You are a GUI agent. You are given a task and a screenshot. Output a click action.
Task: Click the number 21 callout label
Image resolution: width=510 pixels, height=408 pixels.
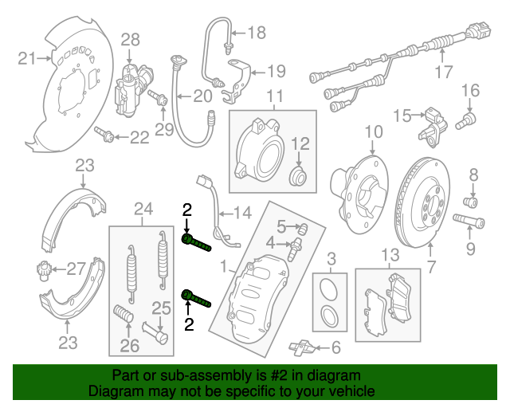tap(26, 58)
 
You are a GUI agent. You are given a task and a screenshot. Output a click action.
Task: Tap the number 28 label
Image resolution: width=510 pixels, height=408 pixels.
tap(131, 40)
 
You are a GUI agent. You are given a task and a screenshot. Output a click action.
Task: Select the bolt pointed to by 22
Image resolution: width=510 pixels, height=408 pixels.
tap(104, 134)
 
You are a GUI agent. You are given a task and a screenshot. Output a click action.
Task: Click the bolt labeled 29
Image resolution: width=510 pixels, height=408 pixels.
tap(158, 97)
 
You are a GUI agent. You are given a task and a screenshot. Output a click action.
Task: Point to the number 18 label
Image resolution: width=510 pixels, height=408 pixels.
tap(257, 33)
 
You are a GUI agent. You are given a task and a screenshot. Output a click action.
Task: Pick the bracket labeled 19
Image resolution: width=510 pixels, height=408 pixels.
tap(236, 81)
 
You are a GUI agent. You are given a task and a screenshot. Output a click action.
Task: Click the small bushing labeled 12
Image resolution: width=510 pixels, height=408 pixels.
tap(298, 176)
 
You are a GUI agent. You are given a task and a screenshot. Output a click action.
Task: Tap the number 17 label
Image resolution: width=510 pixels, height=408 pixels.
tap(444, 72)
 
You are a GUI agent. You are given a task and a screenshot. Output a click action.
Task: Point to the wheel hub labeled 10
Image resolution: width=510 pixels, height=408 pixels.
tap(359, 194)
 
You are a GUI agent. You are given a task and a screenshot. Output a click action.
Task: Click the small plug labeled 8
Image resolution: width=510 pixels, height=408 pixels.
tap(470, 202)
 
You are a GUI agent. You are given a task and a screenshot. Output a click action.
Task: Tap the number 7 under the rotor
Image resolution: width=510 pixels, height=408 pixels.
tap(431, 267)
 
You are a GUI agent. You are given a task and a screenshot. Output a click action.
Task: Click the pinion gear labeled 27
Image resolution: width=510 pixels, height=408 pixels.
tap(42, 271)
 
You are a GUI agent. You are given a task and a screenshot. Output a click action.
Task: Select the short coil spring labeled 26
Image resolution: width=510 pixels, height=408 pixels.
tap(124, 314)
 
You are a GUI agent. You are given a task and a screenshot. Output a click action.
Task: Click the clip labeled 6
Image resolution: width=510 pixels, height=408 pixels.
tap(301, 348)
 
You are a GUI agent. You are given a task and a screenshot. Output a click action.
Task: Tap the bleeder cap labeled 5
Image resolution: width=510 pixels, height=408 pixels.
tap(303, 229)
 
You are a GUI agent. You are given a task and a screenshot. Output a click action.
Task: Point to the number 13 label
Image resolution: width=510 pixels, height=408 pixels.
tap(390, 255)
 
